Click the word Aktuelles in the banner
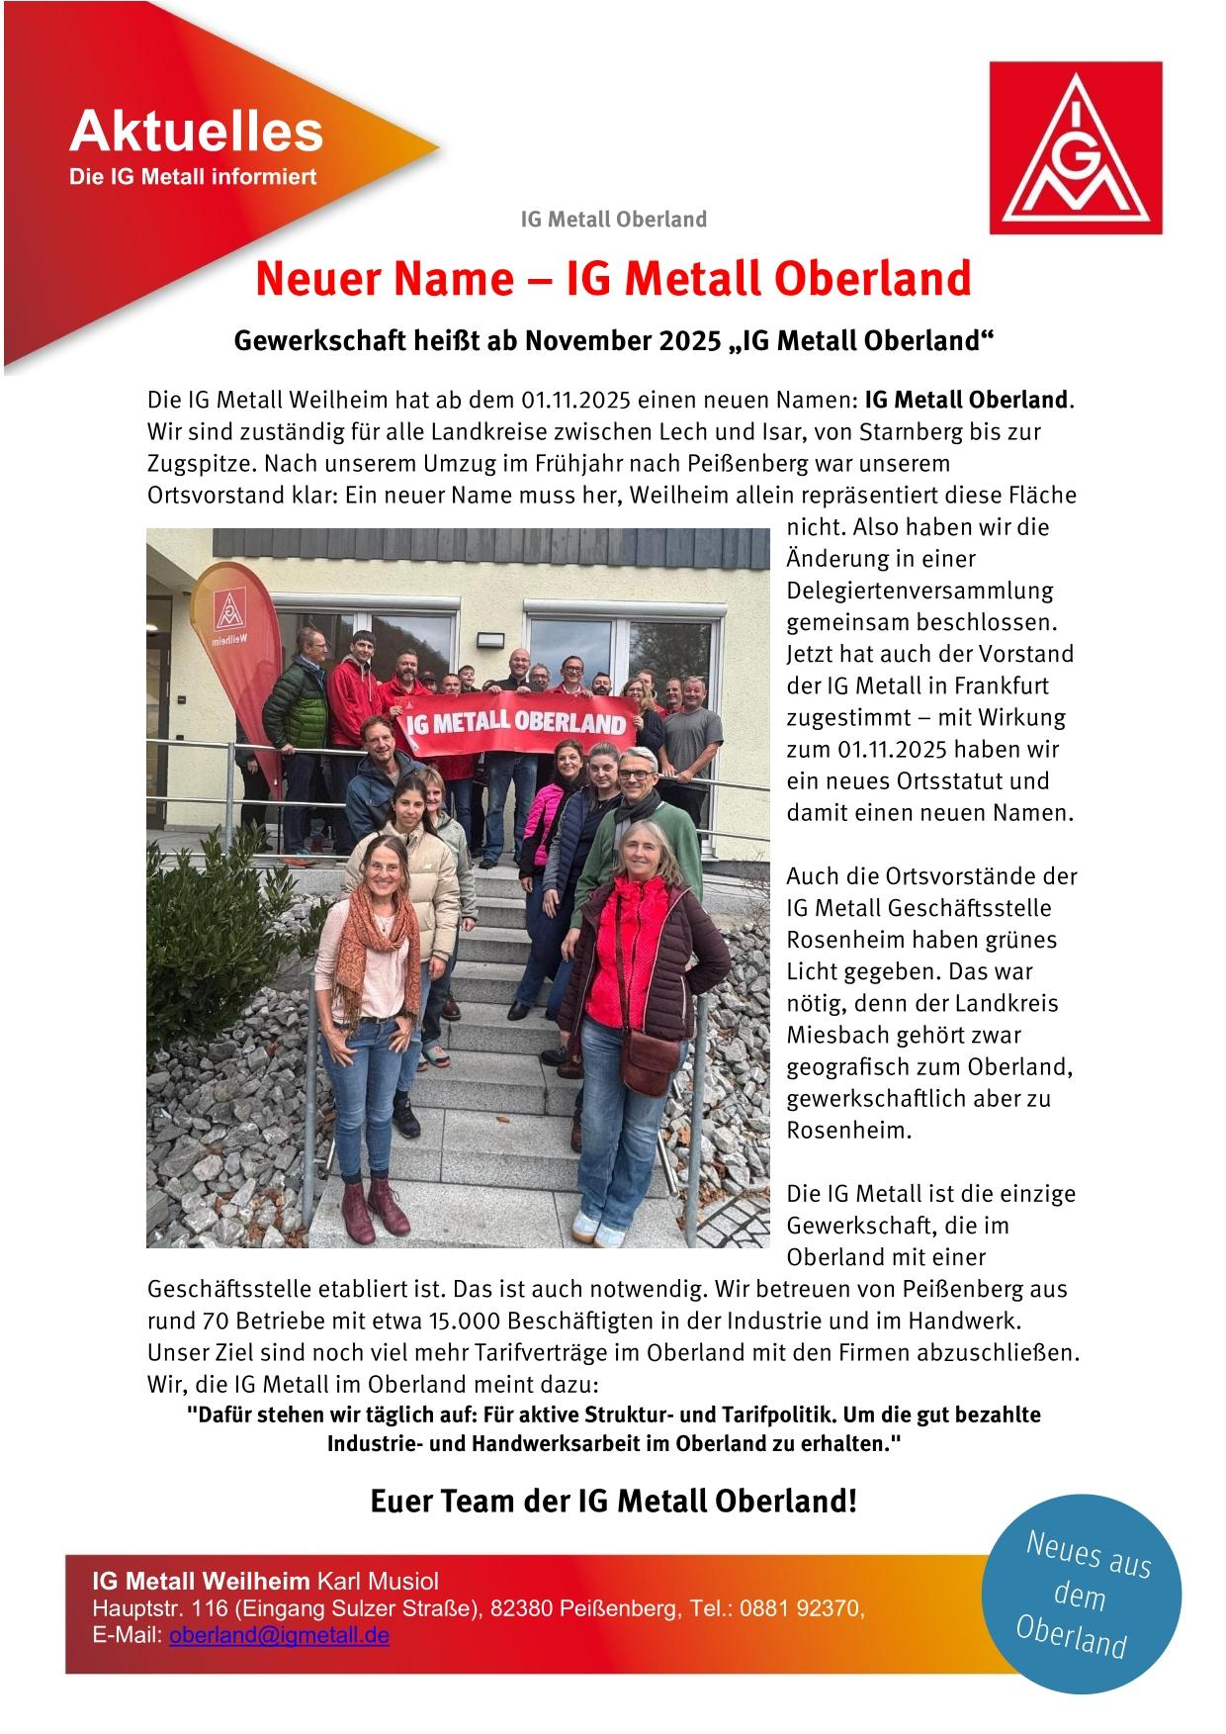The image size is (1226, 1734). point(196,132)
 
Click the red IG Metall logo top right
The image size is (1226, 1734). point(1076,146)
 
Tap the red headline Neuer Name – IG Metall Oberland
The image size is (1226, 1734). point(613,280)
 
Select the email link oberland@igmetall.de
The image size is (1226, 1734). point(279,1635)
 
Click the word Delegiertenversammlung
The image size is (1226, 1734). point(919,591)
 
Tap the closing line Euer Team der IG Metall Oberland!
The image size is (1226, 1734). point(613,1502)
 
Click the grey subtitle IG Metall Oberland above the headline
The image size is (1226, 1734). point(613,219)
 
